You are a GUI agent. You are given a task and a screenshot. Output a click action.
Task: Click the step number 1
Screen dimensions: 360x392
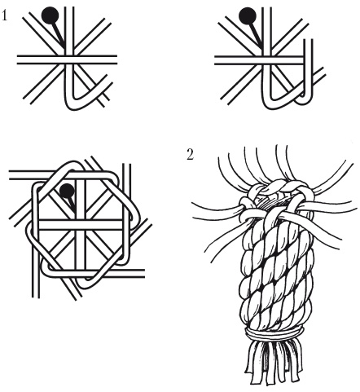(4, 15)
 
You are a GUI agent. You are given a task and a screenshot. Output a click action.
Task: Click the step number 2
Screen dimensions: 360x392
(191, 154)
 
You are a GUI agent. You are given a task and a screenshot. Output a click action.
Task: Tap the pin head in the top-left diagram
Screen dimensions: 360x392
(50, 15)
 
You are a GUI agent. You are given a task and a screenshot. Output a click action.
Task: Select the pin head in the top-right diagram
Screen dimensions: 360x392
(247, 16)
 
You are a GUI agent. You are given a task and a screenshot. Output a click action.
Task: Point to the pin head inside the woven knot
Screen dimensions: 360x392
(67, 191)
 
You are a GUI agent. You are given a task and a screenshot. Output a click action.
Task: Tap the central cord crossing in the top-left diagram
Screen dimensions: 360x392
(69, 59)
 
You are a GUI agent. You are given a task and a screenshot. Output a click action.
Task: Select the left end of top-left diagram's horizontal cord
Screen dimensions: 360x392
(18, 59)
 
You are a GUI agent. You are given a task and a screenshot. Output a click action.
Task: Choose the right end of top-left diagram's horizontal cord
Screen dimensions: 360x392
(116, 59)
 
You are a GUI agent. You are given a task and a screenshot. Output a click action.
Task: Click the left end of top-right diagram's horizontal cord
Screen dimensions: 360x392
(216, 60)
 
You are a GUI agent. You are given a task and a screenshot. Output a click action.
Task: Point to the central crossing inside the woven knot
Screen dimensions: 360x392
(81, 225)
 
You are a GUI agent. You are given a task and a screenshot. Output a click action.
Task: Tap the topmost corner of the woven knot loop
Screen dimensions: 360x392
(72, 162)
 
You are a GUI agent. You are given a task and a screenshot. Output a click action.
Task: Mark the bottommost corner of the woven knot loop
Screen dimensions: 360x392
(84, 287)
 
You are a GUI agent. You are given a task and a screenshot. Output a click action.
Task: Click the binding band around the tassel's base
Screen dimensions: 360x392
(274, 333)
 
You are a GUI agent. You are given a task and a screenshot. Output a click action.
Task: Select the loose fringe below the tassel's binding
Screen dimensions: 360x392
(274, 361)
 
